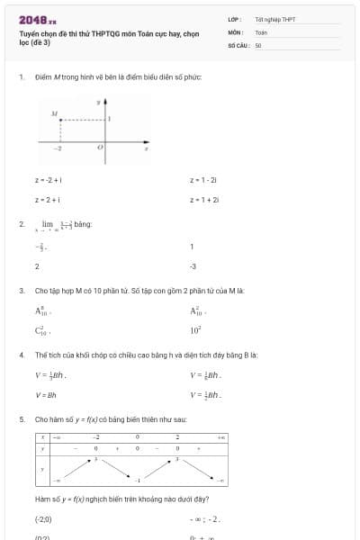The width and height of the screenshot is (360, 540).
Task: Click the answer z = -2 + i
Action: [x=47, y=180]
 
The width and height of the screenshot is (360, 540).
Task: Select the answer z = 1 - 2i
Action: [x=203, y=180]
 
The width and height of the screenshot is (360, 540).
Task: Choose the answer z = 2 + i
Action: [x=47, y=200]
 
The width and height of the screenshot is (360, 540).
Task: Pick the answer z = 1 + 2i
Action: [x=204, y=200]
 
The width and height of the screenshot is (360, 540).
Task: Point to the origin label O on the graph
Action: [x=100, y=146]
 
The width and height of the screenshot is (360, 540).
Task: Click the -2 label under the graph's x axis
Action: [x=58, y=147]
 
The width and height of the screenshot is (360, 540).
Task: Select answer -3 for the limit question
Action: [x=193, y=266]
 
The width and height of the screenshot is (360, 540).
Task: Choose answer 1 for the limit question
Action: [x=192, y=247]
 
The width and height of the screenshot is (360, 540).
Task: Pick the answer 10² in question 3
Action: [x=194, y=330]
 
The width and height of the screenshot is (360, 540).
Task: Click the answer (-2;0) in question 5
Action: [x=43, y=519]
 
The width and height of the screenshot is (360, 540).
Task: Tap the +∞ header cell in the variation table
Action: [x=220, y=436]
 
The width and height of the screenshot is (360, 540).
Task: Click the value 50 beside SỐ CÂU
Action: [x=258, y=44]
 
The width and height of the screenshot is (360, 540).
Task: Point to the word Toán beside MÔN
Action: [x=261, y=31]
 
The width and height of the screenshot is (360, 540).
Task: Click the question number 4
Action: [x=21, y=355]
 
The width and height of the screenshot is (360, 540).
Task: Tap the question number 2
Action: [x=21, y=223]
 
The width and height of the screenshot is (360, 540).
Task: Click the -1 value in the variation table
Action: [x=137, y=481]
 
